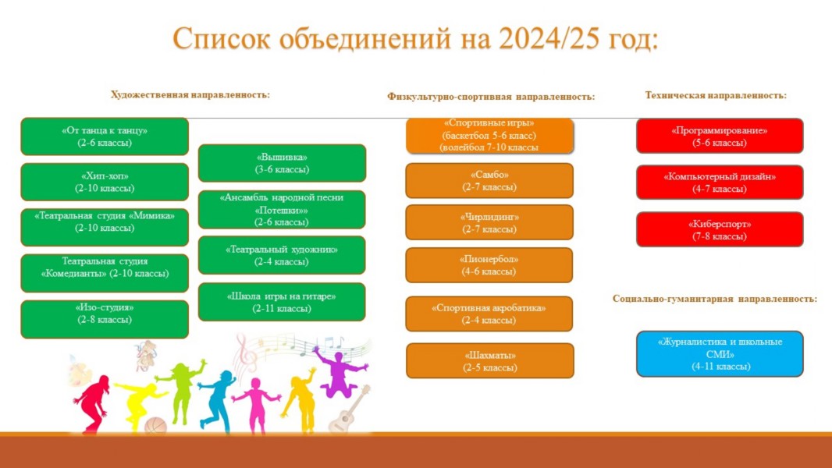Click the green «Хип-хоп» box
[105, 182]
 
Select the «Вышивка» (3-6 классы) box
[282, 163]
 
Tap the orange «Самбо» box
[489, 181]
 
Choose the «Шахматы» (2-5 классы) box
[489, 361]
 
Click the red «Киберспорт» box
[720, 229]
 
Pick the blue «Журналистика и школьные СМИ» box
[720, 354]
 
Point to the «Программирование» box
[720, 136]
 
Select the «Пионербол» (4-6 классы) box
[489, 265]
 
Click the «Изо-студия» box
[105, 319]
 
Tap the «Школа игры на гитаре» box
[282, 302]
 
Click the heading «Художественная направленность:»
[190, 95]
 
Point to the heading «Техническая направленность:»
[716, 95]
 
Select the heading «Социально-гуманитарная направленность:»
[715, 299]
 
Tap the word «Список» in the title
[221, 39]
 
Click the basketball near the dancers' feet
[155, 426]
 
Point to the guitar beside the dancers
[349, 409]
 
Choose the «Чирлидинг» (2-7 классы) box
[489, 222]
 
